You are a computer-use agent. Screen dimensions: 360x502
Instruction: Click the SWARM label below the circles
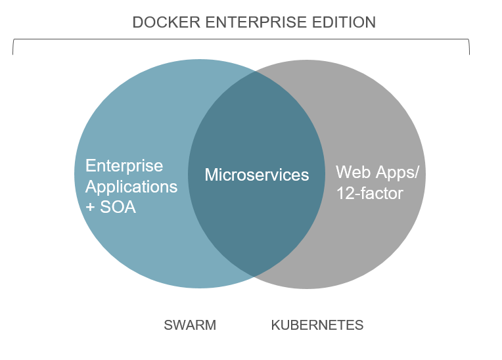(190, 325)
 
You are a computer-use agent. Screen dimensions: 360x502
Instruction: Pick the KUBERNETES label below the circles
(317, 325)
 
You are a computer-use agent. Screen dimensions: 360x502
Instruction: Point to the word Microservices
(257, 175)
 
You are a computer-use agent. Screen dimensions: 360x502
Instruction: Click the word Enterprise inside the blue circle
(124, 166)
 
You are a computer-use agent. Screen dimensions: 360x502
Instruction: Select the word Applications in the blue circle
(131, 187)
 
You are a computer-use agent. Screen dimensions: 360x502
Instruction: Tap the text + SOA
(111, 208)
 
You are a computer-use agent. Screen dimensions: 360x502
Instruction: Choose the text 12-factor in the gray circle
(369, 194)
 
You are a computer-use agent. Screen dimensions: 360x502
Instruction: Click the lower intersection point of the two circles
(257, 276)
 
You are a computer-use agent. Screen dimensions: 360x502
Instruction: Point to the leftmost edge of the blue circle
(75, 174)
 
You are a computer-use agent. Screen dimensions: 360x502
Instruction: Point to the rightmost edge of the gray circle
(438, 174)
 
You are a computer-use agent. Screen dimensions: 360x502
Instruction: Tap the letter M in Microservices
(212, 175)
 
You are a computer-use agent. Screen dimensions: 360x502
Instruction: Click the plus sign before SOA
(90, 208)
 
